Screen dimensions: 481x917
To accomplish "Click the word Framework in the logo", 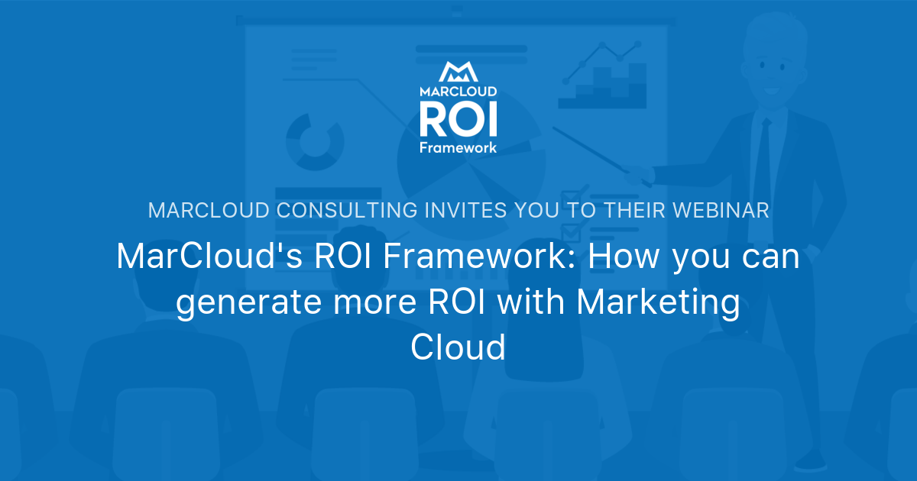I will [458, 147].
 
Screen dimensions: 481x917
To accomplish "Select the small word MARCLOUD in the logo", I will [458, 90].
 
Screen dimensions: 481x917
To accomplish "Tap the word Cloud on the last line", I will [458, 348].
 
